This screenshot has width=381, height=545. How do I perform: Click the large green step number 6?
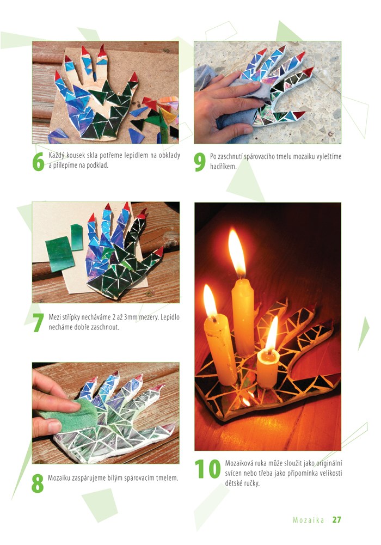coord(38,161)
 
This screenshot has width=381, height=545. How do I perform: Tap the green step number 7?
coord(38,322)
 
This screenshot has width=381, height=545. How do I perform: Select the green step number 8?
coord(38,483)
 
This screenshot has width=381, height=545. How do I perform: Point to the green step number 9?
coord(200,162)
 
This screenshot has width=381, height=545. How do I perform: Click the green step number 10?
coord(207,469)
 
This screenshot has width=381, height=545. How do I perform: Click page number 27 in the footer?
coord(336,519)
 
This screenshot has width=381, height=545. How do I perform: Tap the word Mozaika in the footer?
coord(309,520)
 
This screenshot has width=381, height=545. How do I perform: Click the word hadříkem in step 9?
coord(223,166)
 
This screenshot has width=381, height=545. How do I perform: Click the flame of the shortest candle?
coord(272,333)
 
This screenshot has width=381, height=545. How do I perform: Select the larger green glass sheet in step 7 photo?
coord(60,254)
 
